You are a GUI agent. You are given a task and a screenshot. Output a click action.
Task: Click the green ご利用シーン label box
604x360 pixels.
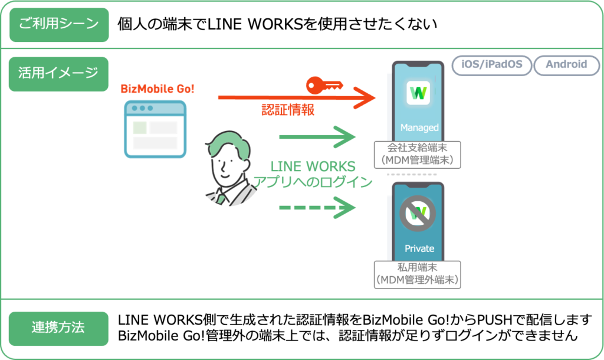(59, 25)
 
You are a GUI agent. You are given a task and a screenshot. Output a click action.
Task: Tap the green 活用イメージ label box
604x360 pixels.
(59, 74)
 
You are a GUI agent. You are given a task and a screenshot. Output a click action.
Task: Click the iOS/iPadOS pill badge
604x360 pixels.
(491, 65)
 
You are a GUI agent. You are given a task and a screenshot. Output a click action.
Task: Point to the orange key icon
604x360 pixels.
(323, 86)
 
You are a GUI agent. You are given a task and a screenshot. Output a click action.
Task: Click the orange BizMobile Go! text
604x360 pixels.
(157, 89)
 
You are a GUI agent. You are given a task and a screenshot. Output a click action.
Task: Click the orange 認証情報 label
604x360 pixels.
(288, 110)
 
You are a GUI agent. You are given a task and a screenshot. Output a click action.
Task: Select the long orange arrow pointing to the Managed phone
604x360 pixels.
(295, 97)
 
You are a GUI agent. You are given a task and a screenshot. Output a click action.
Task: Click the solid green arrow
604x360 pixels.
(317, 138)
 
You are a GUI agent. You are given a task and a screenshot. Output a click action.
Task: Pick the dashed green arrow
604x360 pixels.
(317, 208)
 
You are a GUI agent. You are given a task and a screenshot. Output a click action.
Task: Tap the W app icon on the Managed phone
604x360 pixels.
(419, 93)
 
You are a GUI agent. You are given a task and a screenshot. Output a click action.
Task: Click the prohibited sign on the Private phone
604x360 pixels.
(418, 213)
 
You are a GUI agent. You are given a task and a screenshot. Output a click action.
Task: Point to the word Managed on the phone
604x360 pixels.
(419, 127)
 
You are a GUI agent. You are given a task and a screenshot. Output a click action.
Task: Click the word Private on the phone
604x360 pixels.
(419, 248)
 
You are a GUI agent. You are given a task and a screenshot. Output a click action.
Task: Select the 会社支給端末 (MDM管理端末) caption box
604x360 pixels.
(418, 154)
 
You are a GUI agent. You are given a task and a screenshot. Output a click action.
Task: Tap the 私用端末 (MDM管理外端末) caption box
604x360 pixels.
(418, 274)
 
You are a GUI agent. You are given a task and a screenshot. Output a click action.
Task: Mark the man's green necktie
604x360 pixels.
(221, 198)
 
